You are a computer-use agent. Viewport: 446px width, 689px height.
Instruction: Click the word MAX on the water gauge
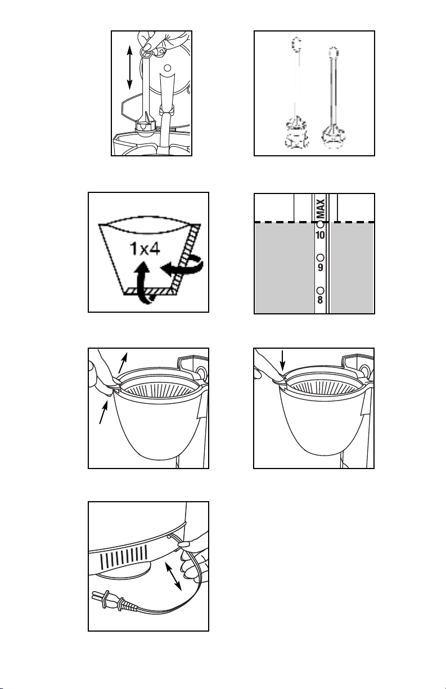point(321,209)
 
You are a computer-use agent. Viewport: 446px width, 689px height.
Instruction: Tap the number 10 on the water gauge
point(320,235)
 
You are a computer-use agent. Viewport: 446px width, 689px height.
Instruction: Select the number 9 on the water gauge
point(320,268)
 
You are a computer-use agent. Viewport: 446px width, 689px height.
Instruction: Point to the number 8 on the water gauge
point(320,300)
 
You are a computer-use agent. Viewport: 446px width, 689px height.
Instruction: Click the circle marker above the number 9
point(320,258)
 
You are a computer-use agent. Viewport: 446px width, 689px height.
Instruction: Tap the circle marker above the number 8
point(320,290)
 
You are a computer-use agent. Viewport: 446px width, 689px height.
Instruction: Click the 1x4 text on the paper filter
point(145,249)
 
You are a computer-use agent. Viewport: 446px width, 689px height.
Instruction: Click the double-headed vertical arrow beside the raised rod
point(129,67)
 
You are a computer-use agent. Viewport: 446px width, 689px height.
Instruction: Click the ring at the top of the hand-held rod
point(146,52)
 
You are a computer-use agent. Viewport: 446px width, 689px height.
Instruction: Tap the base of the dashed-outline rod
point(296,133)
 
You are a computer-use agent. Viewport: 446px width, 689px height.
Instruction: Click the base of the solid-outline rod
point(333,137)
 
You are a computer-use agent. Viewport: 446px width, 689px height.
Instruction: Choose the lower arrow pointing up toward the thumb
point(103,412)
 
